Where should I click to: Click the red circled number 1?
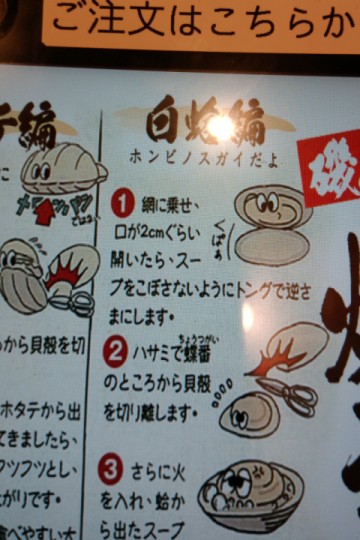(x=122, y=204)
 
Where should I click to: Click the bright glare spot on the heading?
(x=220, y=126)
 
